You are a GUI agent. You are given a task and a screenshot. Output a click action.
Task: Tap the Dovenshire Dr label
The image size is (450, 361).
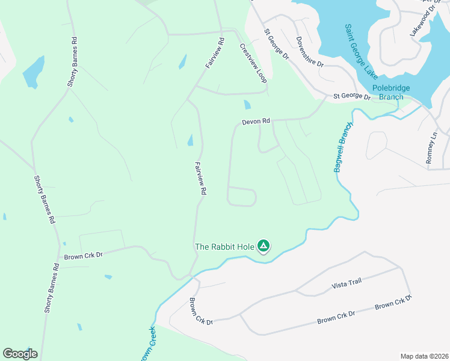click(310, 52)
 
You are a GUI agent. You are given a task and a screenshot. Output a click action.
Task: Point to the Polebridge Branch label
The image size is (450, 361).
click(391, 92)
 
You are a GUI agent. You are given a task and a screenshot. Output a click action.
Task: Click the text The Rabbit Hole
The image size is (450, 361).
click(224, 246)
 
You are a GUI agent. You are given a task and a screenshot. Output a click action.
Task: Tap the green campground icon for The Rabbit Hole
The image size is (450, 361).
click(263, 245)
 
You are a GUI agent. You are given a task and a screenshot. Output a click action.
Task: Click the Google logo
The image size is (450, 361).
click(20, 353)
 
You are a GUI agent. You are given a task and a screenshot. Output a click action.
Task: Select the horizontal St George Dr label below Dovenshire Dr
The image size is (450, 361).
click(352, 96)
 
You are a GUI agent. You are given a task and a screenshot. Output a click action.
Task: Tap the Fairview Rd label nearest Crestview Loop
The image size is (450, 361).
click(214, 54)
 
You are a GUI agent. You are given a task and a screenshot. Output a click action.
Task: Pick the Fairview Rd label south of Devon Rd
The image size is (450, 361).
click(201, 177)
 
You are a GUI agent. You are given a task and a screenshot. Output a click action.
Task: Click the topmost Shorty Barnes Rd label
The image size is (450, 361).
click(73, 63)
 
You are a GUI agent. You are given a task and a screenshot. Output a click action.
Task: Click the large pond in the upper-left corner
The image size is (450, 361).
click(33, 72)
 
